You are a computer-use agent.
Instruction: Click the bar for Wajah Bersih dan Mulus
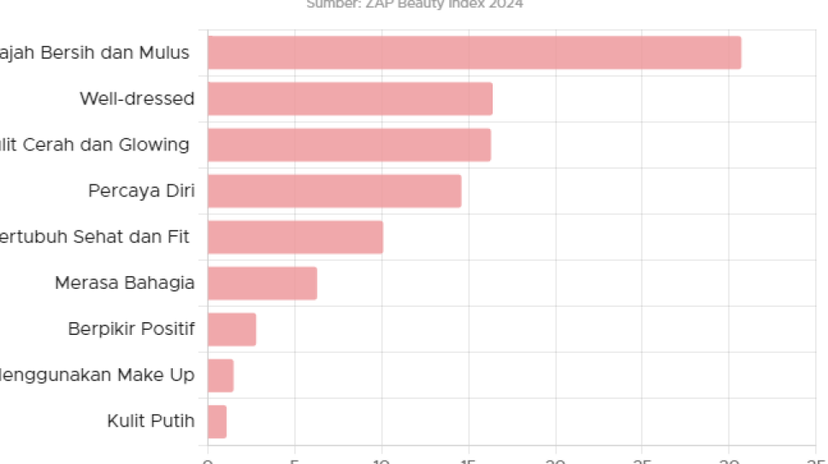click(474, 53)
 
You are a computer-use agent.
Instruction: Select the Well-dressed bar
click(350, 99)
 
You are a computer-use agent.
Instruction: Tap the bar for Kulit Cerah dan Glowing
click(349, 145)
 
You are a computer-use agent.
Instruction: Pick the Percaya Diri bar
click(334, 191)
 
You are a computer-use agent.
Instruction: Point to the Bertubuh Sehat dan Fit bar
click(295, 237)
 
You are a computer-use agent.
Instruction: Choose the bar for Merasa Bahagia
click(262, 283)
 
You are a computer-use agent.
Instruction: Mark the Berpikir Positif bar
click(232, 329)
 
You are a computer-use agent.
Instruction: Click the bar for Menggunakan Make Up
click(220, 375)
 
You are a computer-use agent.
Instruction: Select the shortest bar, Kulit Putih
click(217, 421)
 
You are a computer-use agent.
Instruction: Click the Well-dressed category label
click(137, 99)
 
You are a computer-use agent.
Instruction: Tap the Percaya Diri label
click(141, 191)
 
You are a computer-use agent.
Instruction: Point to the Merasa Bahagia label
click(124, 283)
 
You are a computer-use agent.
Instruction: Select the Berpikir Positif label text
click(131, 329)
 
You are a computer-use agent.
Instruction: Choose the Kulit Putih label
click(151, 421)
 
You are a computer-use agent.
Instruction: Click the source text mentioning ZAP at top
click(415, 4)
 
